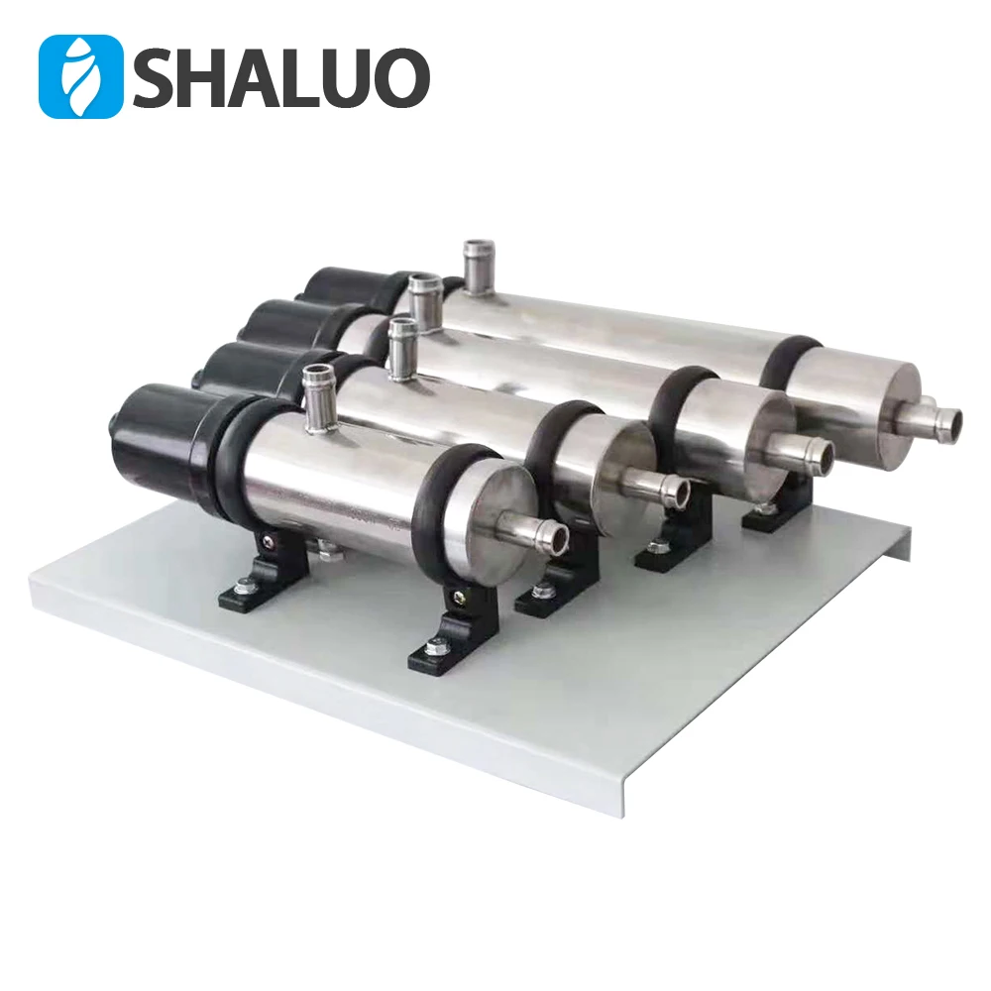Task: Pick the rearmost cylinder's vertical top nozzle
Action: click(480, 262)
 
